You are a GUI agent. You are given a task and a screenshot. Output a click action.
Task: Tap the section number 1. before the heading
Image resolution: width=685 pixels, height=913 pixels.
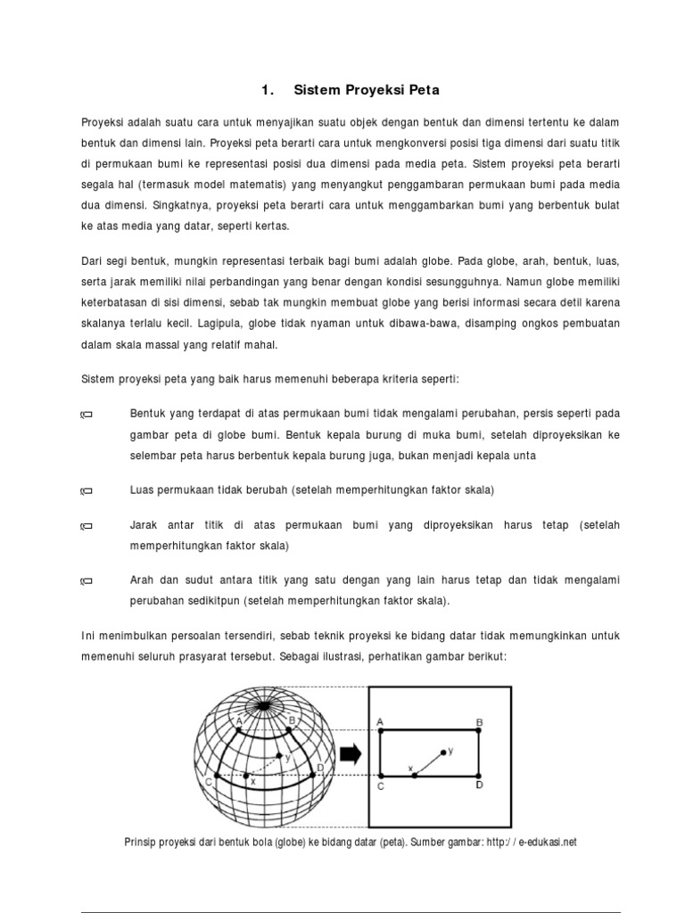(266, 90)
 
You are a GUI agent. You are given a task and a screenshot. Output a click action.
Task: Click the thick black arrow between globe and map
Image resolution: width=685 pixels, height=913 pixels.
(351, 755)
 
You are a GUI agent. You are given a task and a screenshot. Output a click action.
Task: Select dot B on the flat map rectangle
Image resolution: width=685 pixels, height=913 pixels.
(479, 731)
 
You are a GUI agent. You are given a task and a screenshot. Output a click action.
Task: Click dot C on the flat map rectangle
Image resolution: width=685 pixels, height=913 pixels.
(381, 776)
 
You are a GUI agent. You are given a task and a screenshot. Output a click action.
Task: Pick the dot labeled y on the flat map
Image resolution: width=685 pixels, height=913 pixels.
(442, 753)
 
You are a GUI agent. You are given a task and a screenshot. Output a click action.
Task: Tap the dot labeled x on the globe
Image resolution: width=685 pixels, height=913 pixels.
(245, 777)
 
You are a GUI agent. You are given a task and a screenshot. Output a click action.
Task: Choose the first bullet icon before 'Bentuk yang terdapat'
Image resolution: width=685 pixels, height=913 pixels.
(87, 415)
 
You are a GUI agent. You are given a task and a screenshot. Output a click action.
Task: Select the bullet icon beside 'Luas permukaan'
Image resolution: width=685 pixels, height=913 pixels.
(87, 491)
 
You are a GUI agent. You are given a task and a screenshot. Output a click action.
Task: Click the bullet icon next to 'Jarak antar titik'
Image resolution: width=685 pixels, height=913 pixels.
(87, 527)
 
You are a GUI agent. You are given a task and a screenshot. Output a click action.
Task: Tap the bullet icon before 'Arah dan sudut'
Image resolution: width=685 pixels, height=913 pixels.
(87, 581)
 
